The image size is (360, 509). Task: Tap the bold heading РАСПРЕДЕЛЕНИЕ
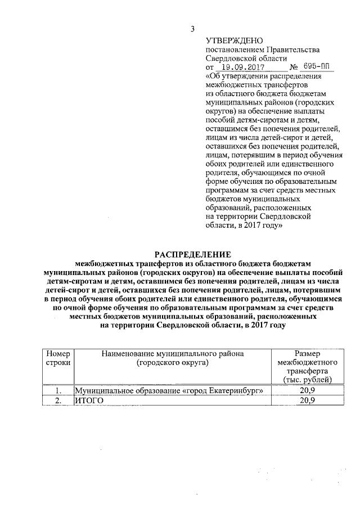pos(193,254)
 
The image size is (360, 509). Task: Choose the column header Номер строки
pos(58,358)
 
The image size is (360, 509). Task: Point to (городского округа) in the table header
pos(172,363)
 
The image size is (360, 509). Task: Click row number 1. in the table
pos(58,391)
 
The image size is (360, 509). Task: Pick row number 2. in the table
pos(58,400)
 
